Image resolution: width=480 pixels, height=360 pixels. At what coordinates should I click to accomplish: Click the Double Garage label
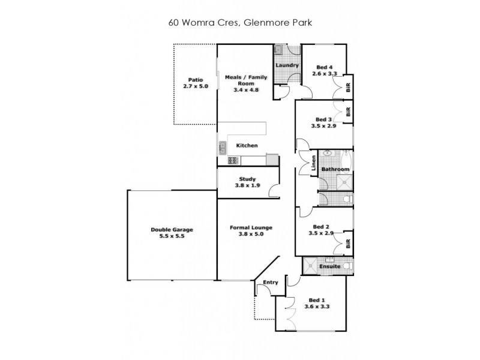[172, 229]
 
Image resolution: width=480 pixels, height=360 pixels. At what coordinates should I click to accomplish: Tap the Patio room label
[196, 79]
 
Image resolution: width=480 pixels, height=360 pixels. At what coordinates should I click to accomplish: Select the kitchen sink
[222, 145]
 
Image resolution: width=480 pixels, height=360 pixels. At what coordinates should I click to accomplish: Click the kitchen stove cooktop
[233, 160]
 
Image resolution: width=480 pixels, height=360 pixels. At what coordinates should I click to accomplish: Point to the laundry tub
[280, 50]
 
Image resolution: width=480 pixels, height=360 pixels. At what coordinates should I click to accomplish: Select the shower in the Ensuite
[310, 265]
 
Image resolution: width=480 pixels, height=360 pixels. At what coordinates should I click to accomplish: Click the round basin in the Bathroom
[328, 154]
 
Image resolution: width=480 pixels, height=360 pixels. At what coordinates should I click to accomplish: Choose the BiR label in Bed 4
[348, 86]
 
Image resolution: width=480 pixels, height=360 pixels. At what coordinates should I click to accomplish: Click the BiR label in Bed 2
[348, 244]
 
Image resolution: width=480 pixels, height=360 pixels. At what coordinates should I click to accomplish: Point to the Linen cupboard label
[314, 163]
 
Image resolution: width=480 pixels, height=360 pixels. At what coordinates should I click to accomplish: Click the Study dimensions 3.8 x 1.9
[247, 186]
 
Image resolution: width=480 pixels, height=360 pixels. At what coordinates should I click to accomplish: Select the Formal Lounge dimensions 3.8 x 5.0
[251, 235]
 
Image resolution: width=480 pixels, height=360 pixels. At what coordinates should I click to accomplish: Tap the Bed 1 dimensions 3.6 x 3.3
[317, 306]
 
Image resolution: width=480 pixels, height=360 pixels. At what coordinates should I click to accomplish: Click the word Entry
[271, 281]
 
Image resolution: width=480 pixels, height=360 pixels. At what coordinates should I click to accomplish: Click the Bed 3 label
[323, 119]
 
